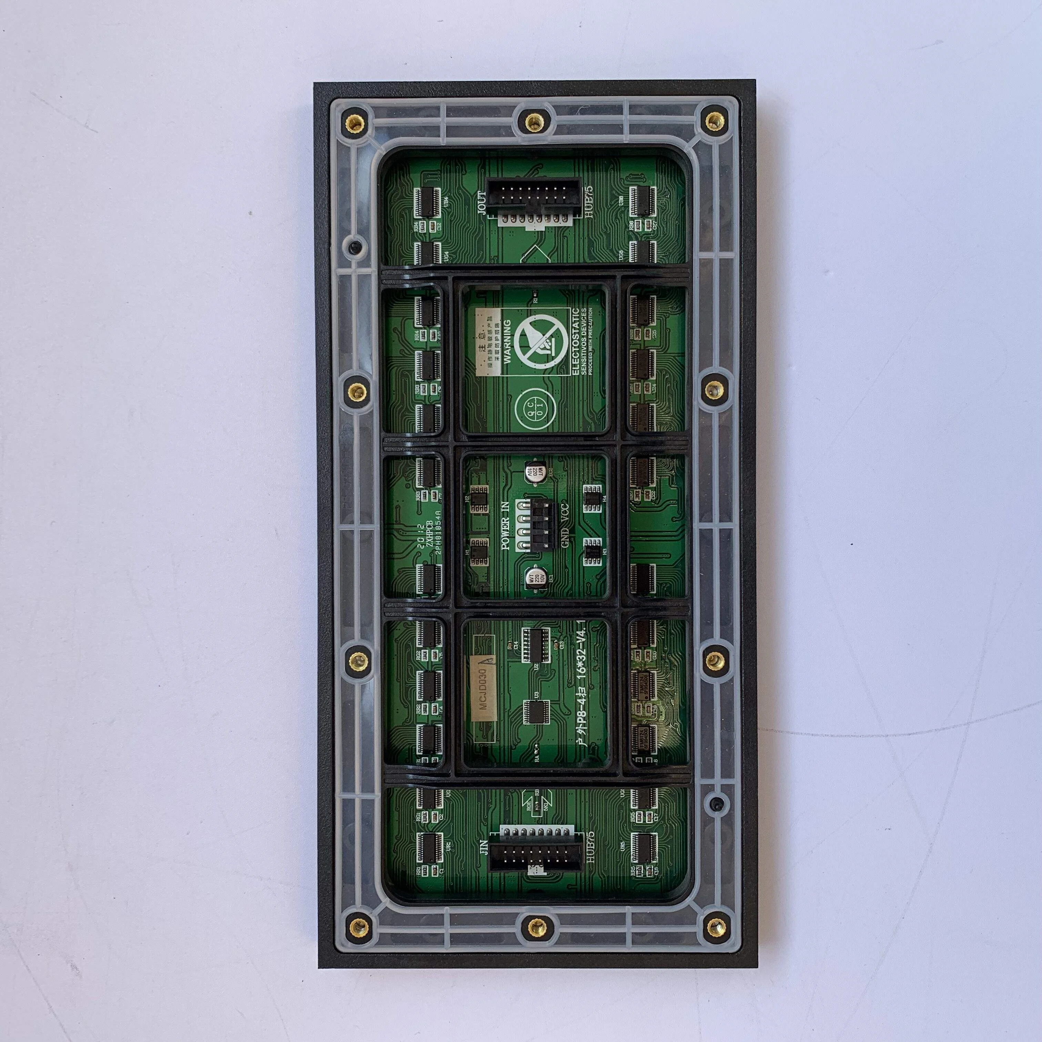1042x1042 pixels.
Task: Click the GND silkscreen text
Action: click(x=564, y=551)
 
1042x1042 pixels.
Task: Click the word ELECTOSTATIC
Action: click(x=577, y=341)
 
